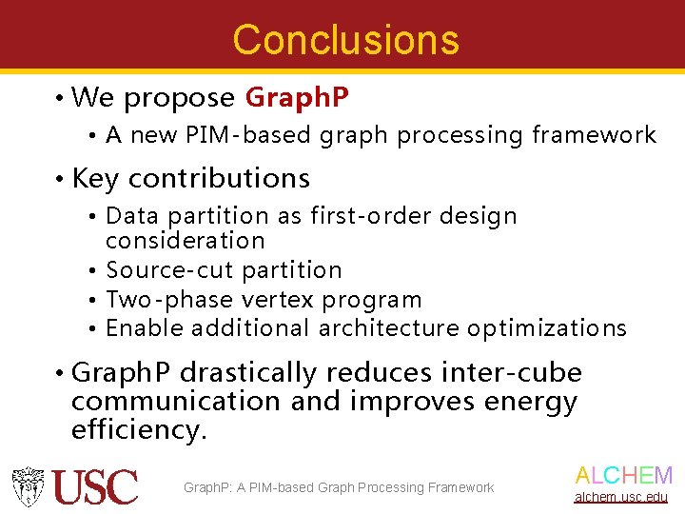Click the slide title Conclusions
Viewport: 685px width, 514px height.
[345, 40]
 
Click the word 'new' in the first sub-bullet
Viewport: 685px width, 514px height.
[150, 136]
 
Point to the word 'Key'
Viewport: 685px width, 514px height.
[96, 179]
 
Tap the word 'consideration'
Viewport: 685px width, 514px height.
[185, 241]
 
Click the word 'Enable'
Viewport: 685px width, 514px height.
[145, 329]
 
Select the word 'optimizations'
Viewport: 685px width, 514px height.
[546, 329]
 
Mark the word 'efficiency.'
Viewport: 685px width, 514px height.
[139, 430]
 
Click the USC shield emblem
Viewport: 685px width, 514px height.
[29, 486]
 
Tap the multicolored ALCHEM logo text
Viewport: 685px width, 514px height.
[623, 476]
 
